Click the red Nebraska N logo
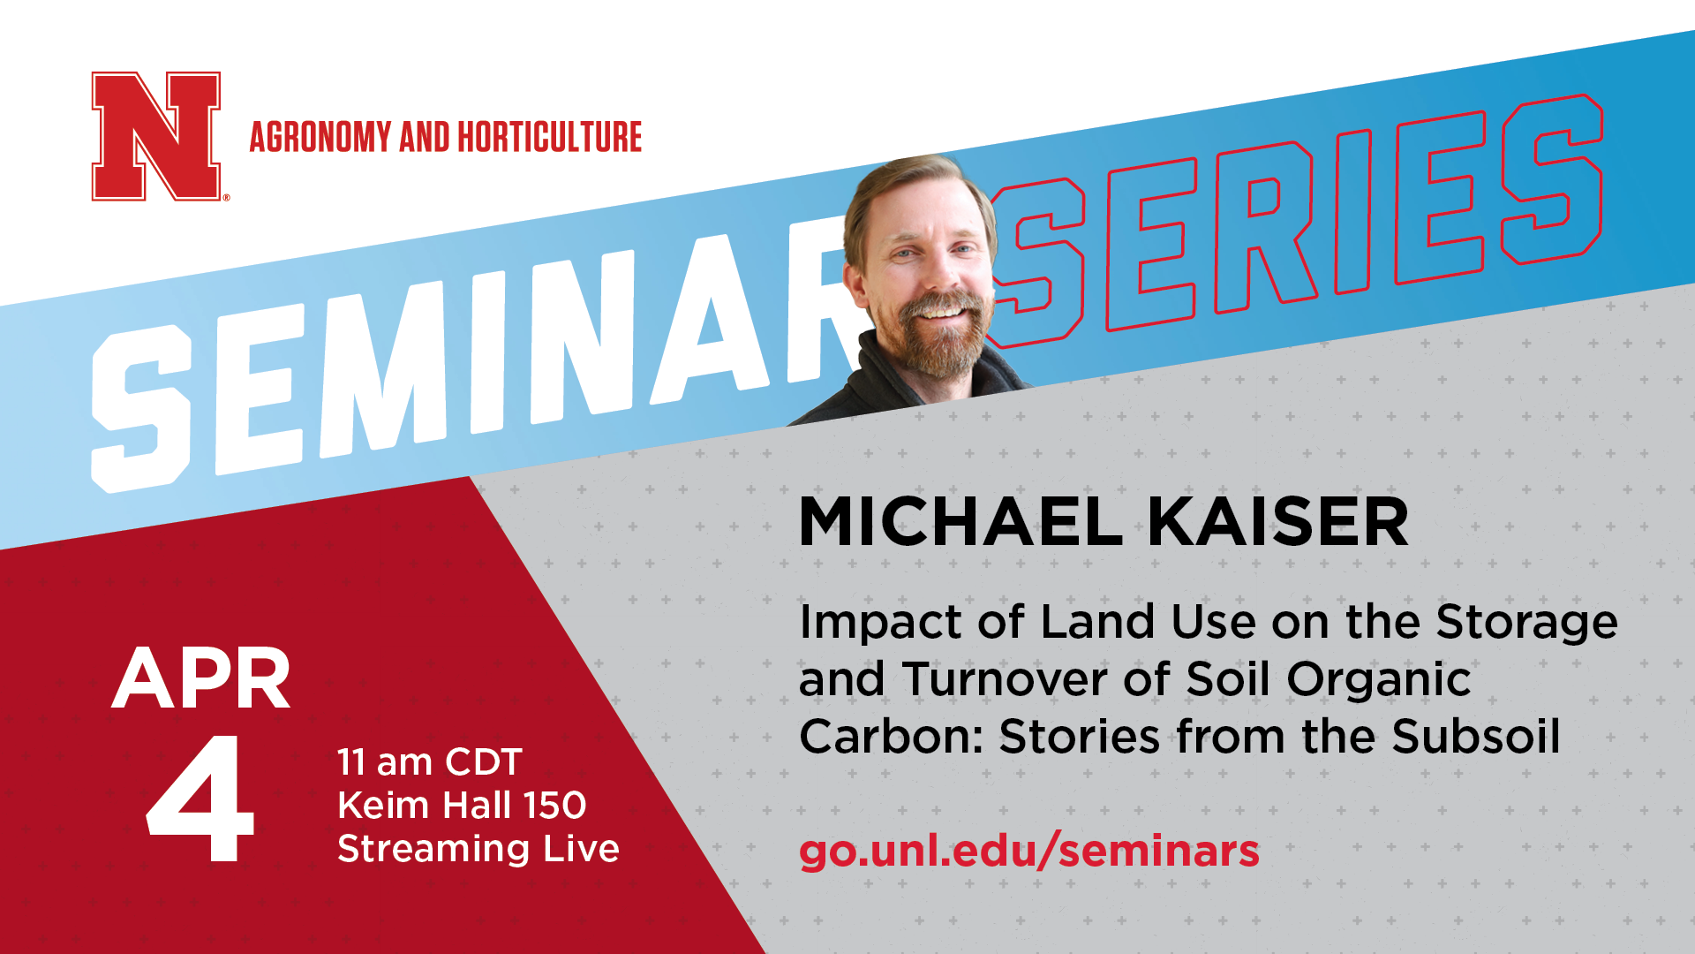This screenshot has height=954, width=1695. click(x=156, y=136)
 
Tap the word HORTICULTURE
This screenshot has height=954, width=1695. click(x=549, y=137)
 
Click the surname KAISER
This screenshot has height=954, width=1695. click(x=1278, y=522)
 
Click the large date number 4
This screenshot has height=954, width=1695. click(x=201, y=799)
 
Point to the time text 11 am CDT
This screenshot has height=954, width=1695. click(x=430, y=762)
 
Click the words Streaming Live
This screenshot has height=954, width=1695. click(x=478, y=849)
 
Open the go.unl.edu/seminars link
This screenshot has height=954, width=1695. click(x=1029, y=851)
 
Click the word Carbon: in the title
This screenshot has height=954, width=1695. click(x=892, y=737)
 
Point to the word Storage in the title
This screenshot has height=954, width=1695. click(x=1527, y=623)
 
